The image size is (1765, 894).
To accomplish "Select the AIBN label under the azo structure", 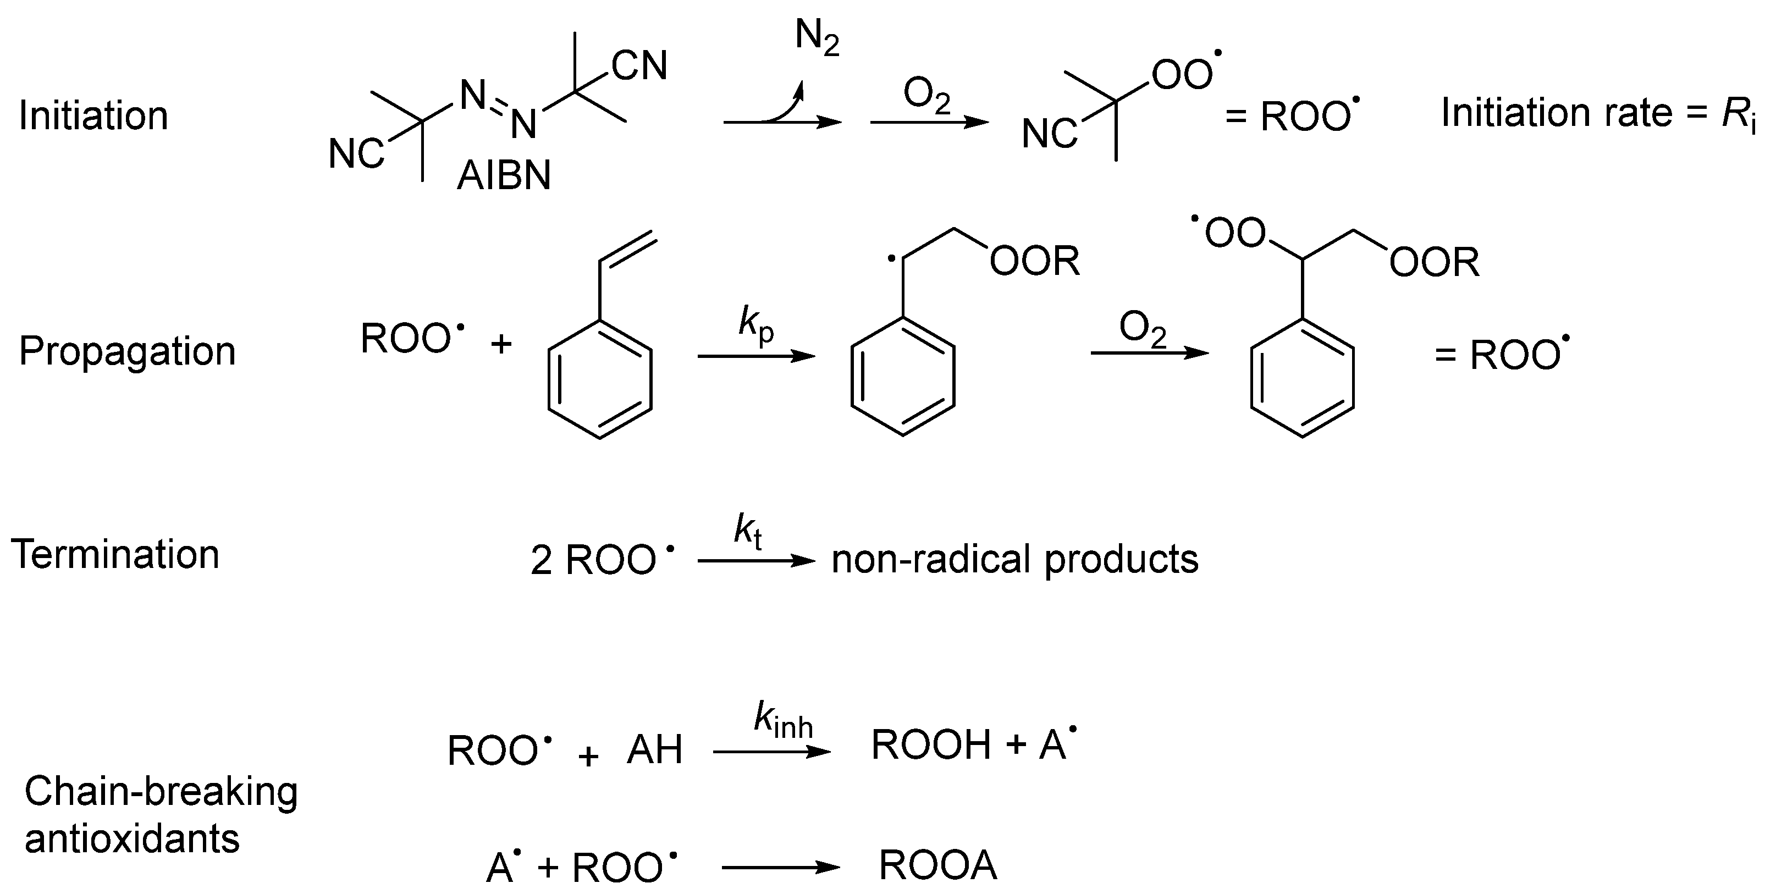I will click(x=504, y=176).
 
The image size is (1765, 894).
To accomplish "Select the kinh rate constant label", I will click(x=782, y=721).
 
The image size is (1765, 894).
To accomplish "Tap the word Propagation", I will click(x=127, y=351).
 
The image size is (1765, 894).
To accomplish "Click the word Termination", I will click(x=115, y=554).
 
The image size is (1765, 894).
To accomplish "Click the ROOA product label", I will click(x=937, y=865).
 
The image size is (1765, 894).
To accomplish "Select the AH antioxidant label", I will click(x=654, y=750).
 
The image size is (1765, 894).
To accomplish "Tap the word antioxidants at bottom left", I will click(x=133, y=838).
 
